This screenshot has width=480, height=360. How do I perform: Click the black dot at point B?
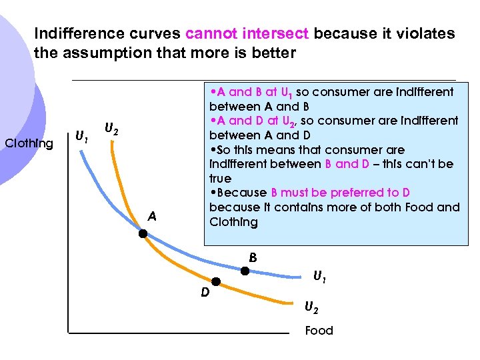pyautogui.click(x=245, y=271)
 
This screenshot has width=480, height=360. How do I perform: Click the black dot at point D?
pyautogui.click(x=215, y=283)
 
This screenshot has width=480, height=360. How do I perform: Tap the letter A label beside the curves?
pyautogui.click(x=153, y=216)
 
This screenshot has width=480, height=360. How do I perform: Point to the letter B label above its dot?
pyautogui.click(x=253, y=257)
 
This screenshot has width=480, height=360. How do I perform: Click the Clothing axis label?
pyautogui.click(x=29, y=143)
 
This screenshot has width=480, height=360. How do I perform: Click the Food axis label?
pyautogui.click(x=319, y=331)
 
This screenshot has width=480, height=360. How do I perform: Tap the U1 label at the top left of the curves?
pyautogui.click(x=81, y=137)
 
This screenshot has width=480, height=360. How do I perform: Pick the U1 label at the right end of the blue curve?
pyautogui.click(x=321, y=274)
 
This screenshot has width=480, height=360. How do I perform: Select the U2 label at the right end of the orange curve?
pyautogui.click(x=311, y=307)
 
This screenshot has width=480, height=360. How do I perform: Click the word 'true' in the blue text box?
pyautogui.click(x=220, y=179)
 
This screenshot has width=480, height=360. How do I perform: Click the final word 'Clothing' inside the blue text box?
pyautogui.click(x=233, y=222)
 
